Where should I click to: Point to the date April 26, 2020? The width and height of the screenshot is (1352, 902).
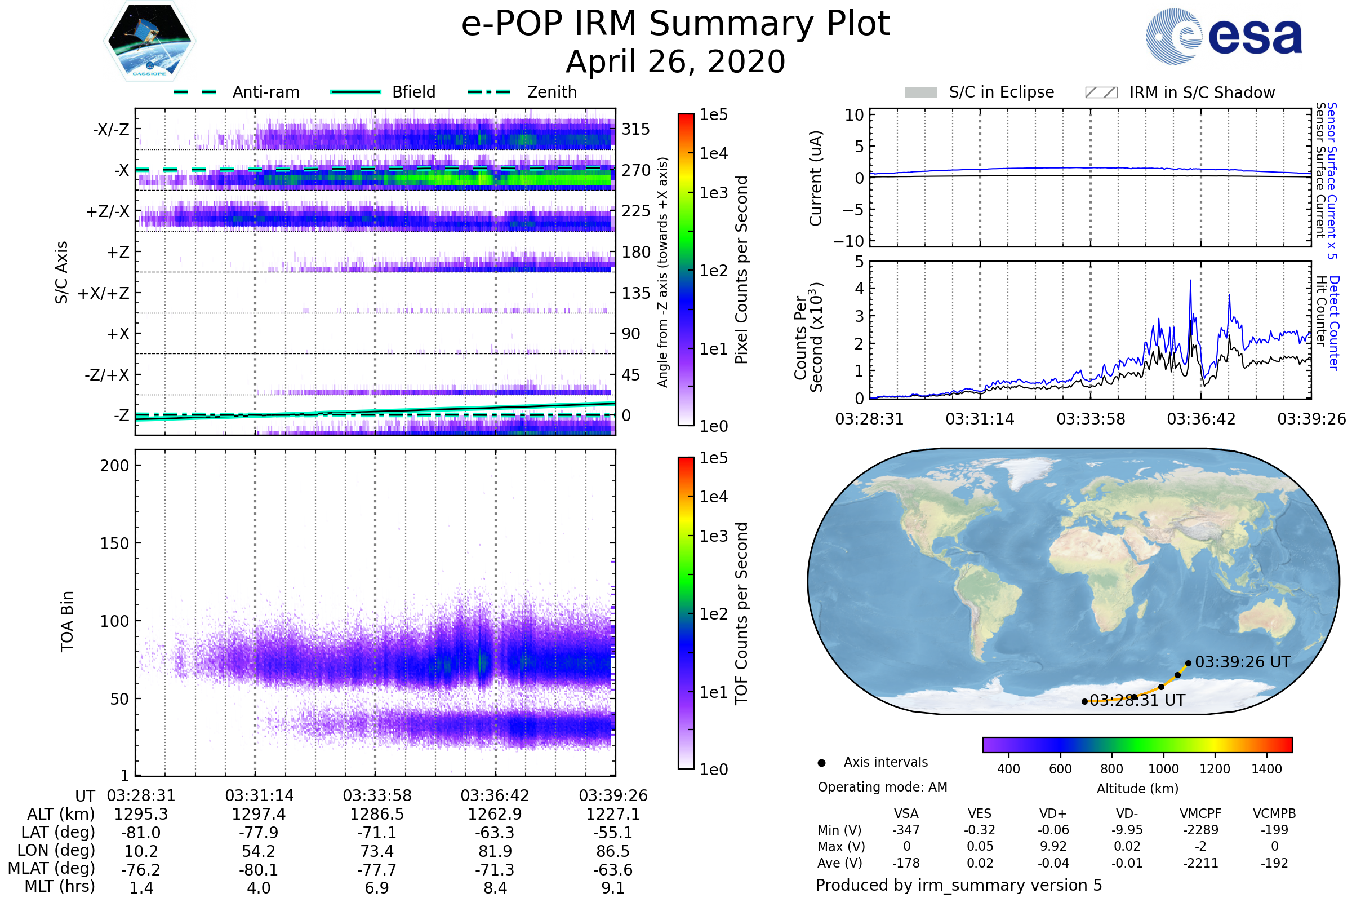click(675, 61)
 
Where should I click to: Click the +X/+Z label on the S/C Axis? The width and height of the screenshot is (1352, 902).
click(104, 293)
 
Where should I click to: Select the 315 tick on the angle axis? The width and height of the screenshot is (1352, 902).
click(635, 129)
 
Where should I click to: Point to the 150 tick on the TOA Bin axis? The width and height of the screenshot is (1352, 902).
click(114, 543)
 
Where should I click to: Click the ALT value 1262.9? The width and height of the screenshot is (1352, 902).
click(495, 814)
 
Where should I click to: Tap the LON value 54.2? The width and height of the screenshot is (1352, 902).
click(259, 851)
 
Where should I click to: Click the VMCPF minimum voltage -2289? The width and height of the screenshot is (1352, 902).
click(1200, 830)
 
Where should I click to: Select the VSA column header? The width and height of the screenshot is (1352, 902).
click(906, 813)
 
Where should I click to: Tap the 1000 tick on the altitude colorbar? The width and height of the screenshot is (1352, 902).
click(1163, 769)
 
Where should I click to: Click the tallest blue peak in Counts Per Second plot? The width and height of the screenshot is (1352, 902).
click(1190, 281)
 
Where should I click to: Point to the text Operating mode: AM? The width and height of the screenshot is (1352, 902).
click(882, 787)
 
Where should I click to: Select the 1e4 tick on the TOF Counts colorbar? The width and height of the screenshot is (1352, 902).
click(713, 497)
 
